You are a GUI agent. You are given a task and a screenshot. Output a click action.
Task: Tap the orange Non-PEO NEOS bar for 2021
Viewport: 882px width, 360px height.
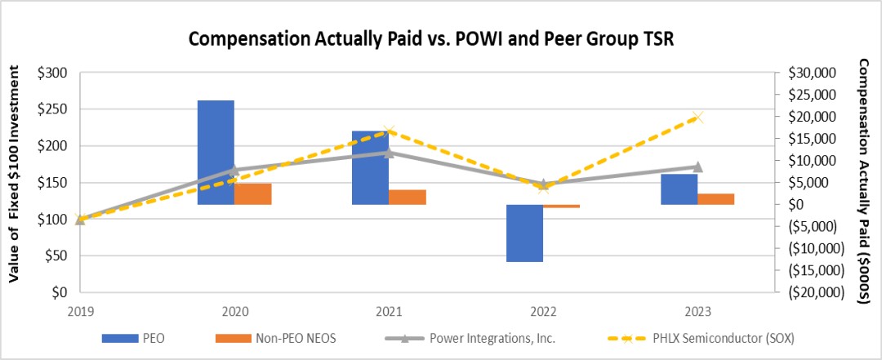(x=408, y=197)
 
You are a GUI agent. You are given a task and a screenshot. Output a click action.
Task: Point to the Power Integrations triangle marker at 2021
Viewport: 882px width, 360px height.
(x=389, y=153)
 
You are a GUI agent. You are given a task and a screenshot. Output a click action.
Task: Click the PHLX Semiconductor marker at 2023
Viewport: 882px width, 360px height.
(x=697, y=118)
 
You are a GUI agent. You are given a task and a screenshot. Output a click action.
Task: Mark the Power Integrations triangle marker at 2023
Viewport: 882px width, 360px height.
(x=697, y=167)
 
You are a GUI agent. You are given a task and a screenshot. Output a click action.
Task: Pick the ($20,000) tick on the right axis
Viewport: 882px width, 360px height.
(x=813, y=292)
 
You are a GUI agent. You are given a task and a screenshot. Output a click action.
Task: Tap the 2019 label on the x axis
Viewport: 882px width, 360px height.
(x=81, y=311)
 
